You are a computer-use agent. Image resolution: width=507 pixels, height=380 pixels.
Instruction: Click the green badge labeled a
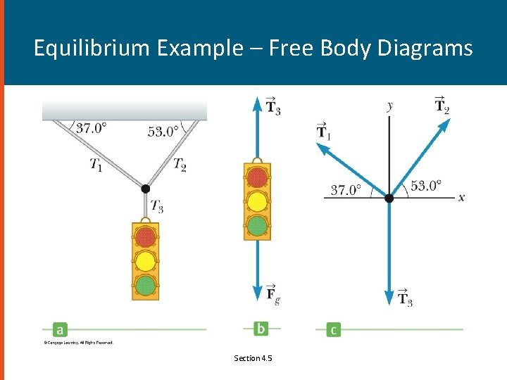click(60, 329)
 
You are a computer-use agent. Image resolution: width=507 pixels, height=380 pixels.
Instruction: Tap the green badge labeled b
click(261, 329)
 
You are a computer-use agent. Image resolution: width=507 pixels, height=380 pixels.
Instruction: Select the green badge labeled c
click(333, 329)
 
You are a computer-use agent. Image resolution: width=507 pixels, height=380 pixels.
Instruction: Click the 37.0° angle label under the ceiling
click(91, 128)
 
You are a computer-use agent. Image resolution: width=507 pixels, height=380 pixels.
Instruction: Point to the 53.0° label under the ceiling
click(163, 131)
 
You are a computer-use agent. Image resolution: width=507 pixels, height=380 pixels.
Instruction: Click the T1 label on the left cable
click(96, 165)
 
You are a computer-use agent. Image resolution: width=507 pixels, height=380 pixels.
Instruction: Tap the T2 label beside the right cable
click(180, 165)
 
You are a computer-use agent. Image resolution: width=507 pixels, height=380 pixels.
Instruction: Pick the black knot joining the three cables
click(145, 189)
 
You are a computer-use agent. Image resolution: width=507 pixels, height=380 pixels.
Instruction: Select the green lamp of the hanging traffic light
click(145, 285)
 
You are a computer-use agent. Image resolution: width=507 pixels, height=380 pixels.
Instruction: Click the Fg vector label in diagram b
click(273, 294)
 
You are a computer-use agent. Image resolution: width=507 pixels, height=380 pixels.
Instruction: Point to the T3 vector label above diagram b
click(273, 106)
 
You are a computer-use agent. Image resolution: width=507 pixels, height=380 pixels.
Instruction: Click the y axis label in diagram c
click(389, 106)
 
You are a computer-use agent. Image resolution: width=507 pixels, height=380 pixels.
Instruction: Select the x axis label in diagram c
click(461, 198)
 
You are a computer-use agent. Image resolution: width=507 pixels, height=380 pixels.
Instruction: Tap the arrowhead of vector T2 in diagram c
click(445, 125)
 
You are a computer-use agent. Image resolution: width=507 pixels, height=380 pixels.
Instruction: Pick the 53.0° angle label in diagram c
click(426, 186)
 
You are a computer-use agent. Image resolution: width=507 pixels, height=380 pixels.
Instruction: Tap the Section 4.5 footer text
click(253, 358)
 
